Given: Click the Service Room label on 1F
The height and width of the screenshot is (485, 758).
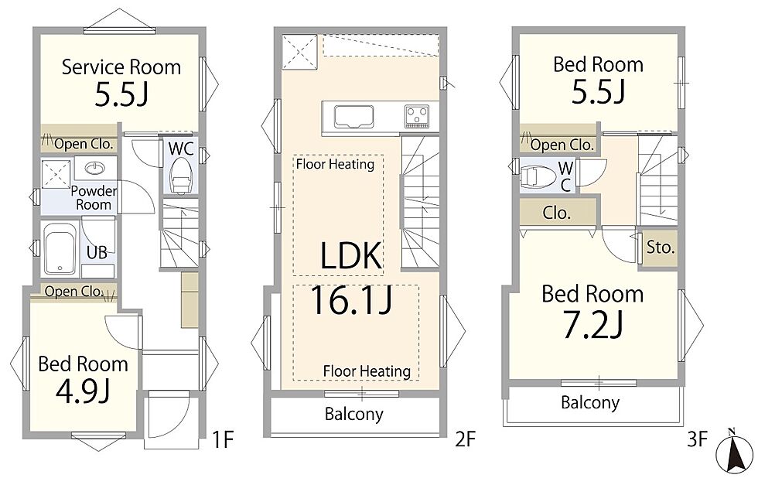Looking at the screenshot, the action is pos(121,67).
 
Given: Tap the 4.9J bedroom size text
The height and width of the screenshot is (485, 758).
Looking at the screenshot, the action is pos(82,391).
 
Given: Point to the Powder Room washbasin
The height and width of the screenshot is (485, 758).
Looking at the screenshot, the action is pos(95,169).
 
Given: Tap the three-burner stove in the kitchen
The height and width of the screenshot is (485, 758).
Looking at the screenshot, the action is pos(417,117).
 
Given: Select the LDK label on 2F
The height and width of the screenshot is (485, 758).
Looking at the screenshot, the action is pos(351,255).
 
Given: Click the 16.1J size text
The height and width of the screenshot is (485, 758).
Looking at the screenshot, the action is pos(350,300).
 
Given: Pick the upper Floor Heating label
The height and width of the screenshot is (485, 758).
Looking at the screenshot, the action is pos(335,164).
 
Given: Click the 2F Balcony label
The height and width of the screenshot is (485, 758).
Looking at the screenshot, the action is pos(354,415).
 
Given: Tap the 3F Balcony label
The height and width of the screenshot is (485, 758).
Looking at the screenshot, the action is pos(589,402).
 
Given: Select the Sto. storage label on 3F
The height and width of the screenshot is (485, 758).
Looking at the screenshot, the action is pos(661,248).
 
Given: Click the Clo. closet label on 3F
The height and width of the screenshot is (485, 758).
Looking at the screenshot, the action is pos(556,213).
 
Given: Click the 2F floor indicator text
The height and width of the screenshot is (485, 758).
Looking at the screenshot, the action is pos(466,439).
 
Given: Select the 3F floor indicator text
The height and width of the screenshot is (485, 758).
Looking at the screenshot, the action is pos(697,439).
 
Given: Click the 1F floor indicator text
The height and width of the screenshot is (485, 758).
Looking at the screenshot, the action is pos(223,439).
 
